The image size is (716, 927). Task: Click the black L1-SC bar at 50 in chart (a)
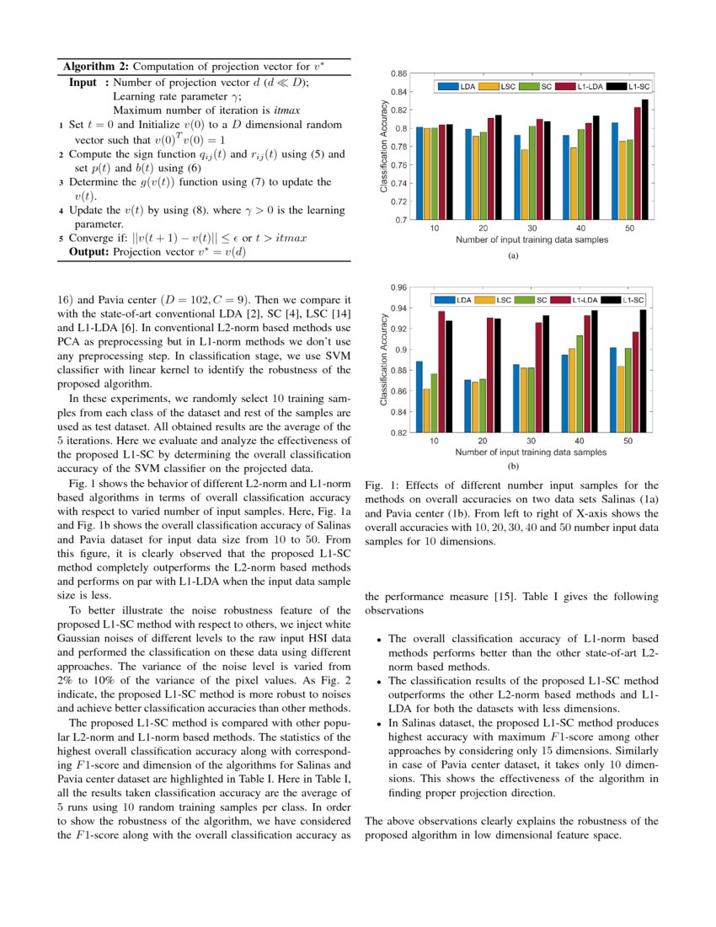pos(645,160)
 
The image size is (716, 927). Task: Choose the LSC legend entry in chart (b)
pos(503,300)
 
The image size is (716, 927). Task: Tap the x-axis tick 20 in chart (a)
pos(483,229)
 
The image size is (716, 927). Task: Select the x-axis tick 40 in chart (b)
pos(580,442)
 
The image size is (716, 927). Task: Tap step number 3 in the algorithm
pos(61,182)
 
